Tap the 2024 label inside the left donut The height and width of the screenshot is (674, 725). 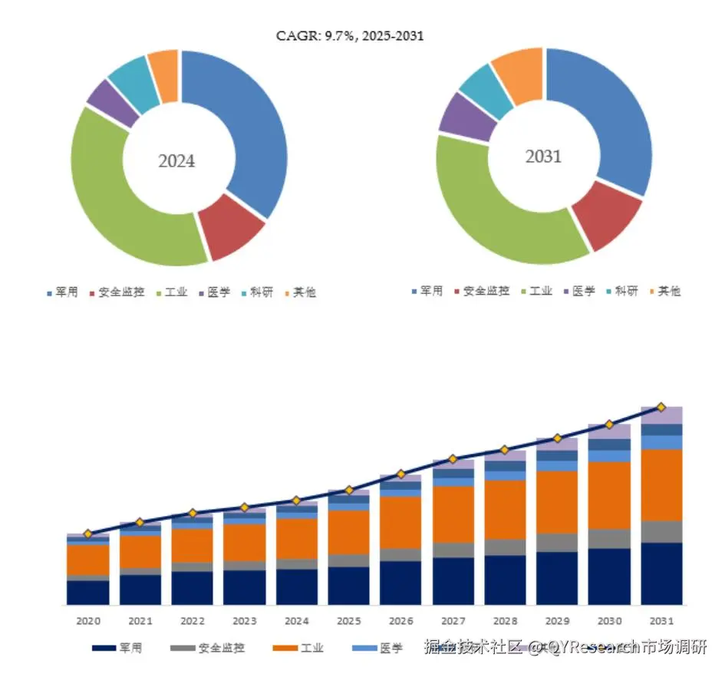176,161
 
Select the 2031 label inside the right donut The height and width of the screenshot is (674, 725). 543,157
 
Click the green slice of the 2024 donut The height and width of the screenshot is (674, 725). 115,200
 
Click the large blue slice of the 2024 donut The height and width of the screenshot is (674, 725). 246,123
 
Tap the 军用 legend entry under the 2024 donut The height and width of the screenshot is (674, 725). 61,292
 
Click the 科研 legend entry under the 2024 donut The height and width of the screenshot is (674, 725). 256,292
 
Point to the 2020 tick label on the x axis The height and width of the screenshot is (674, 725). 87,619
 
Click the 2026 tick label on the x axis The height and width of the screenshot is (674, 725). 400,619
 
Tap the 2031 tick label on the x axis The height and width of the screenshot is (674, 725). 661,619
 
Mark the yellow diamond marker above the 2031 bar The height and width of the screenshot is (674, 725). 661,407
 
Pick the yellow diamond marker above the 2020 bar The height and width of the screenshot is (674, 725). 87,534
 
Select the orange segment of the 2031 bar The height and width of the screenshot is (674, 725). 661,485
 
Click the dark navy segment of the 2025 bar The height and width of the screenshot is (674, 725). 348,586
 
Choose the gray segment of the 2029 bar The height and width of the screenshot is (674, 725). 557,543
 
